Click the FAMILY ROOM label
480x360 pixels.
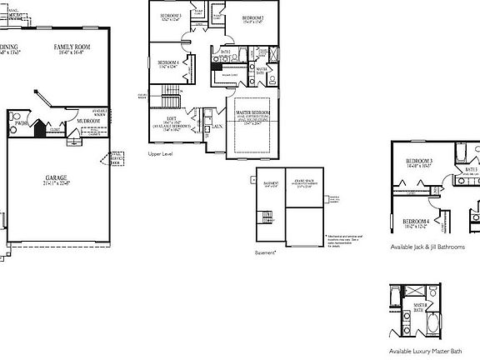pos(72,47)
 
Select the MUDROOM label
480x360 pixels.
pos(89,121)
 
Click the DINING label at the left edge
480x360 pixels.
pos(8,47)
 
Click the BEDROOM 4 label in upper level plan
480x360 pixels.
pos(168,62)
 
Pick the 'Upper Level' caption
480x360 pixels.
pos(160,154)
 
